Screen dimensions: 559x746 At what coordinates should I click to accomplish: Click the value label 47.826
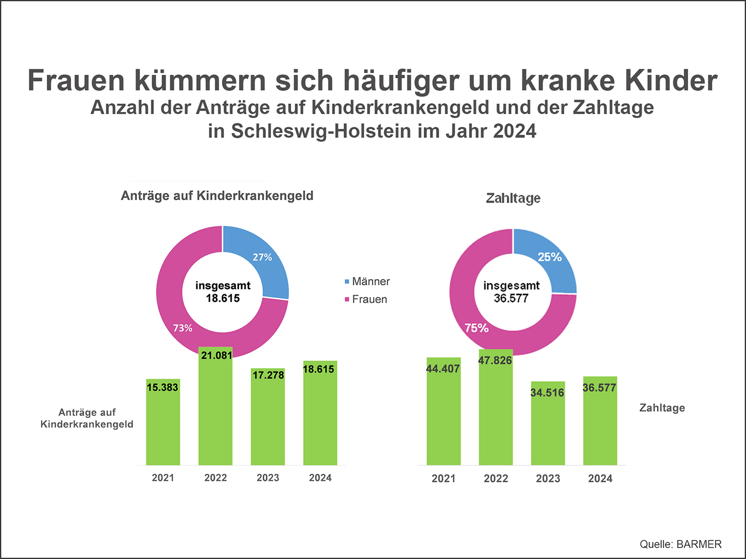(495, 361)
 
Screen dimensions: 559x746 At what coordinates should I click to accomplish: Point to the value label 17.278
(268, 375)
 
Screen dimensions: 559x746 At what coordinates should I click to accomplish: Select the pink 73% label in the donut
(183, 328)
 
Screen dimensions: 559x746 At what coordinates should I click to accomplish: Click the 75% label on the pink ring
(476, 328)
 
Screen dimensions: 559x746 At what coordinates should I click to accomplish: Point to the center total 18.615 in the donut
(223, 299)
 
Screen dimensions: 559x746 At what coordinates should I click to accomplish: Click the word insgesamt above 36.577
(511, 286)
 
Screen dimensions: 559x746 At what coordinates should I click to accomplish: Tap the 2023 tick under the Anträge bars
(267, 478)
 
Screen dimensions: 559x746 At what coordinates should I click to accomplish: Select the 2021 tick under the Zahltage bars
(443, 479)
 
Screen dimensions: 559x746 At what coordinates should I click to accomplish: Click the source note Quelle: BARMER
(680, 544)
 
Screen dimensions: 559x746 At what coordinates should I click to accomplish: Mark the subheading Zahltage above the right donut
(513, 198)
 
